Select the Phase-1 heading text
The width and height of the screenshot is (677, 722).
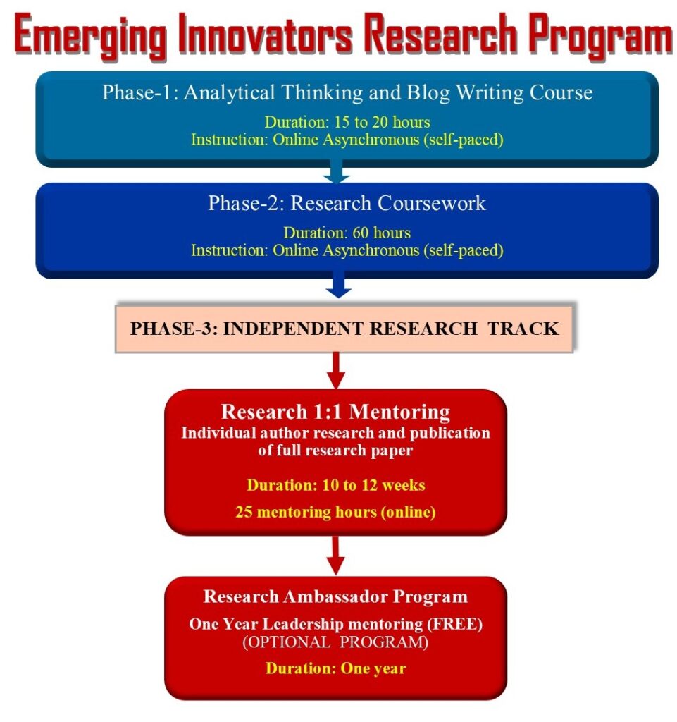coord(347,92)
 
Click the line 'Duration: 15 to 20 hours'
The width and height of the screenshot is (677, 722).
coord(347,122)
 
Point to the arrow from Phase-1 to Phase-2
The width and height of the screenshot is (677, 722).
coord(336,172)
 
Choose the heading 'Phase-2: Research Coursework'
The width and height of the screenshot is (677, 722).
coord(347,203)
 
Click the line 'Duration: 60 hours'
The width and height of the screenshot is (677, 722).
coord(347,233)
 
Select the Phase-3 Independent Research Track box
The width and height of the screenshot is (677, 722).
coord(344,329)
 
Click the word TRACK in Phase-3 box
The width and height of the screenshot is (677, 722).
coord(523,329)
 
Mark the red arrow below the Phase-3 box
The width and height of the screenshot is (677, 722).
coord(336,371)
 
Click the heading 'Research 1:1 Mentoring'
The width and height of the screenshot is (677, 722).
coord(336,412)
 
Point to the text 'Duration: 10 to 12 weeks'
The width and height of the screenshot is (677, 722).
coord(336,485)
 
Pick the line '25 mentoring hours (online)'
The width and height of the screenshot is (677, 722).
coord(336,512)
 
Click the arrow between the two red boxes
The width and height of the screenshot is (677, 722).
coord(336,556)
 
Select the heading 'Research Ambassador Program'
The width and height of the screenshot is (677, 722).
coord(336,596)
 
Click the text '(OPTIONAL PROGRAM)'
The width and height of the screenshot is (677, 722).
coord(335,642)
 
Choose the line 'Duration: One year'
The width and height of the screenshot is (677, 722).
coord(336,668)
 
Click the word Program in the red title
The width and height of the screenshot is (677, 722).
coord(601,36)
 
